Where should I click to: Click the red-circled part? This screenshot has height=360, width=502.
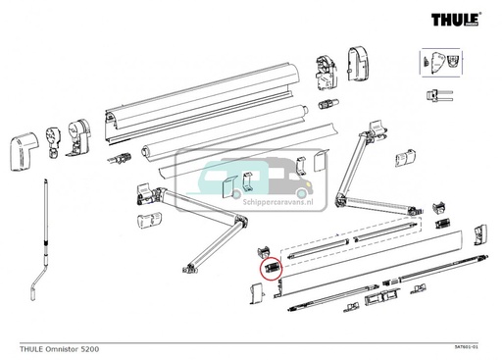(x=271, y=266)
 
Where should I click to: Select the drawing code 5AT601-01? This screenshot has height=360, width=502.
(x=474, y=348)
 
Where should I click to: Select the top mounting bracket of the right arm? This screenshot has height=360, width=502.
(x=376, y=129)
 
